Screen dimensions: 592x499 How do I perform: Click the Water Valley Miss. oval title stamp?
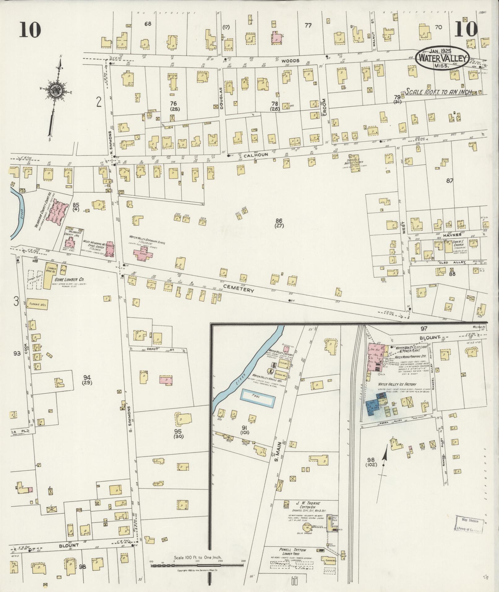(x=442, y=58)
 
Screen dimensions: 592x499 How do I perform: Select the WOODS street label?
(x=290, y=61)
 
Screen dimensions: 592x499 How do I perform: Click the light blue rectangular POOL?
(x=258, y=398)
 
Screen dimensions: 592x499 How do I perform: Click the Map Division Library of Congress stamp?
(x=469, y=525)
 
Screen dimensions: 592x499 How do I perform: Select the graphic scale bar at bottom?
(x=197, y=565)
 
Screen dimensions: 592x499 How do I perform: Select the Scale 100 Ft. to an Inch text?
(x=438, y=92)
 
